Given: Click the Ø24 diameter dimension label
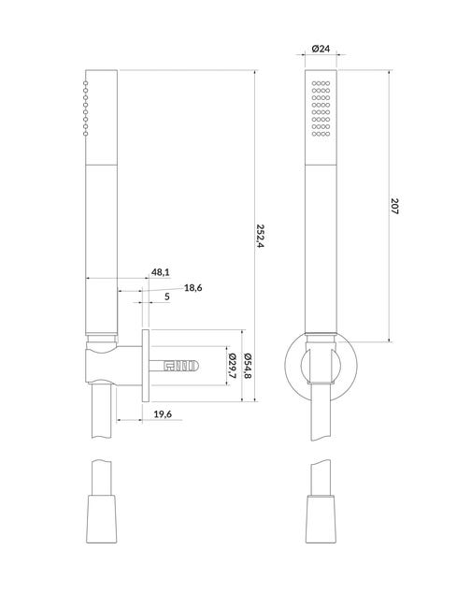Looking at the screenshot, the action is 321,49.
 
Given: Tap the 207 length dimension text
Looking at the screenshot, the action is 394,206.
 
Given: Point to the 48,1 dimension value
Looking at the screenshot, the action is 161,272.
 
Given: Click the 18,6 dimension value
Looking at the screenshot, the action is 193,288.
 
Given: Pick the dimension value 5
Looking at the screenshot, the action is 167,297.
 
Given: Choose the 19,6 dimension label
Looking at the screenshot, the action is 163,414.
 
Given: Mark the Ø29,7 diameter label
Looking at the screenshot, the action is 233,366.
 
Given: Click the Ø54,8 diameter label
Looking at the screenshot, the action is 248,366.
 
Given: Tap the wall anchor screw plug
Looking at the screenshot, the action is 174,366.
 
